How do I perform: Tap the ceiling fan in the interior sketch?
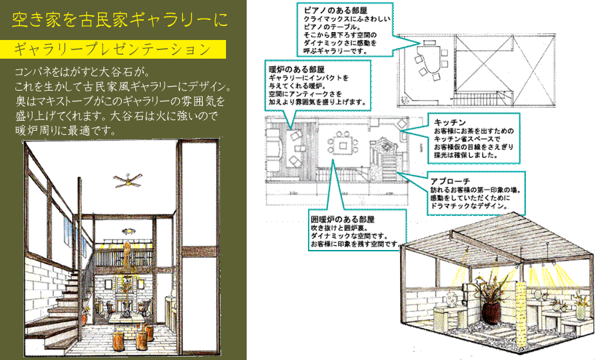tap(126, 178)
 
